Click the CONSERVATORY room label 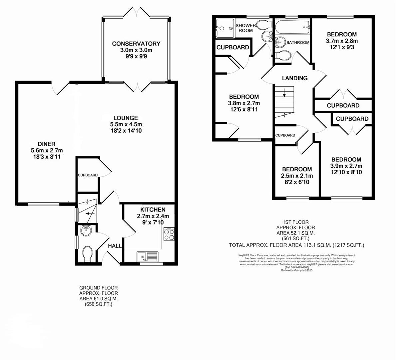pos(136,44)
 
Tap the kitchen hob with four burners pos(169,234)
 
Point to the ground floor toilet pos(88,254)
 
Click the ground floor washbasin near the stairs pos(87,230)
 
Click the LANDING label pos(295,78)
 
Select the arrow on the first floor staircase pos(284,93)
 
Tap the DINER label pos(46,144)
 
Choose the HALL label pos(115,246)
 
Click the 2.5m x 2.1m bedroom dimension pos(297,176)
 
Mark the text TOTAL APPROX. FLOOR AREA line pos(296,245)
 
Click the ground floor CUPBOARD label pos(88,175)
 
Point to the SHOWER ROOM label pos(246,28)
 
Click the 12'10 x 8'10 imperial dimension pos(346,172)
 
